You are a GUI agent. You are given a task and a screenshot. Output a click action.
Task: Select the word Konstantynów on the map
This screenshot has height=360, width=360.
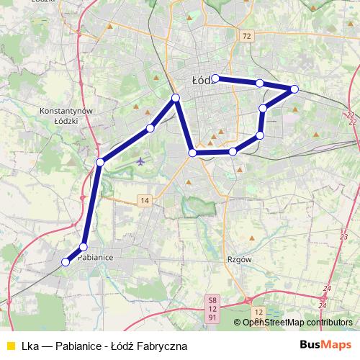click(69, 112)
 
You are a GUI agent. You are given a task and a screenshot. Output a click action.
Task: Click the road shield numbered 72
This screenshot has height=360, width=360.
click(247, 35)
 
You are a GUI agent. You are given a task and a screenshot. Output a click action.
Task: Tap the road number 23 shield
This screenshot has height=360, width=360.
click(344, 236)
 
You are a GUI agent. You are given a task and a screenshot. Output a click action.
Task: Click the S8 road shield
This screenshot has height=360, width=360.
click(212, 299)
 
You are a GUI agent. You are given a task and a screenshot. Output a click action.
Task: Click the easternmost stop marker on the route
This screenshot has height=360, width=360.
click(294, 89)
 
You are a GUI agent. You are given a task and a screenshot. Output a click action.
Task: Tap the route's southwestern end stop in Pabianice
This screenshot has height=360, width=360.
click(66, 262)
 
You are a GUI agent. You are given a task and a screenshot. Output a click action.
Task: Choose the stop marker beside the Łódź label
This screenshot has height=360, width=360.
click(215, 78)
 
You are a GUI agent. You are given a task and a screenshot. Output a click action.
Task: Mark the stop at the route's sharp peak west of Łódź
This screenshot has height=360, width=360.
click(175, 97)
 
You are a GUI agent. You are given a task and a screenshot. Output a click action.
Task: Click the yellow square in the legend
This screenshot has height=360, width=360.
click(10, 346)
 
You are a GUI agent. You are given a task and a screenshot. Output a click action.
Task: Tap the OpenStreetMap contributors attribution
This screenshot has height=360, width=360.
click(297, 323)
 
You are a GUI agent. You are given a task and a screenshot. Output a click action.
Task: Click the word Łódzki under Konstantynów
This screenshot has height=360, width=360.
click(69, 122)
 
